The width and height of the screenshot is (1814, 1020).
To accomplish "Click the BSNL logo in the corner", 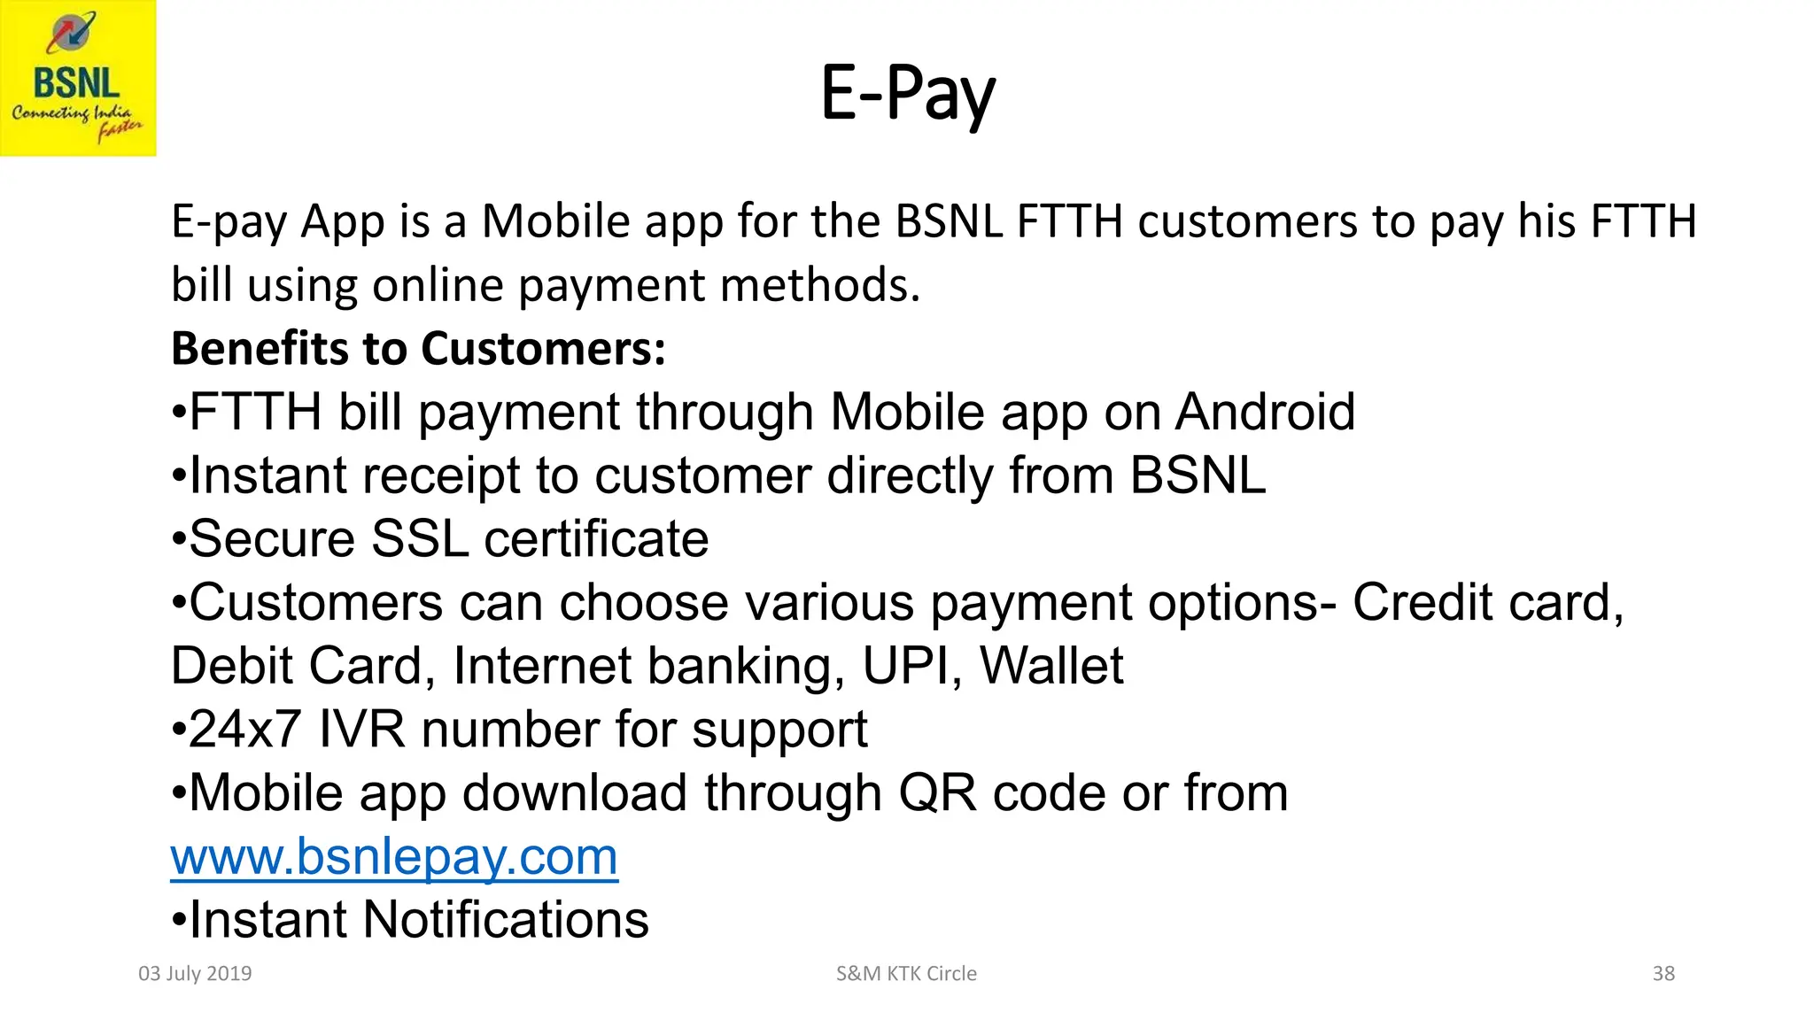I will click(78, 78).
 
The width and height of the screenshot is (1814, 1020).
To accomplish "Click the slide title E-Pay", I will click(908, 94).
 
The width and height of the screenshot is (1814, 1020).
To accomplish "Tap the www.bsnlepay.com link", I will click(394, 856).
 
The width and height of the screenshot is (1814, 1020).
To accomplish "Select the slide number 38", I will click(1663, 973).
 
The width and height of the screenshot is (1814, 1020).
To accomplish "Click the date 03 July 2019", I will click(195, 973).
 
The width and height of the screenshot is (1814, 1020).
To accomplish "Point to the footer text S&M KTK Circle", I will click(906, 973).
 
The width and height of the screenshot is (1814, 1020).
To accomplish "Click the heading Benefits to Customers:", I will click(418, 348).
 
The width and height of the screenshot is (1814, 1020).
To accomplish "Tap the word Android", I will click(1265, 412).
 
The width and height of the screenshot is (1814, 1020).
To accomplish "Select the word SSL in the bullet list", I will click(419, 538).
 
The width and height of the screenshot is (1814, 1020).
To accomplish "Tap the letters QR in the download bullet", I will click(937, 792).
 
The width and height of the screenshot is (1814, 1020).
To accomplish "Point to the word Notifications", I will click(506, 919).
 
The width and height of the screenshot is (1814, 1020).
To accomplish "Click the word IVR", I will click(361, 729).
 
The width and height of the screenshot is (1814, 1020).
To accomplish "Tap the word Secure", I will click(272, 538).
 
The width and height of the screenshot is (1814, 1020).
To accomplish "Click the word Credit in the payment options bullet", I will click(1422, 602).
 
